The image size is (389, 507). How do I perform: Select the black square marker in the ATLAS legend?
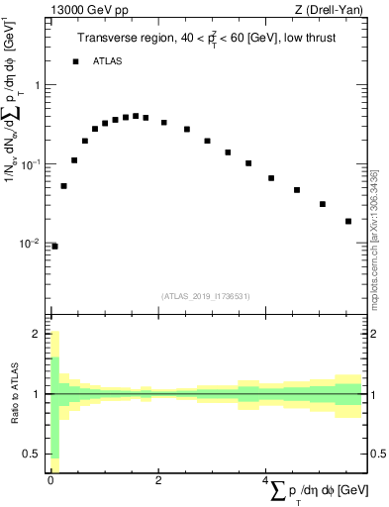pyautogui.click(x=75, y=61)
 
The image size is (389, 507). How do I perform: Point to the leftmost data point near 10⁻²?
pyautogui.click(x=54, y=246)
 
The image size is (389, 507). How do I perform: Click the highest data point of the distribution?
pyautogui.click(x=136, y=116)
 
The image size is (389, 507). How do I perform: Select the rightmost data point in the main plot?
pyautogui.click(x=348, y=221)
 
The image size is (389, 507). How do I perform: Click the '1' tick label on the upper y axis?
pyautogui.click(x=39, y=84)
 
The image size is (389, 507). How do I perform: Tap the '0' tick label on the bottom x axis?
pyautogui.click(x=50, y=480)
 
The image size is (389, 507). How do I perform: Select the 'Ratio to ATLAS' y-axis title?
pyautogui.click(x=13, y=394)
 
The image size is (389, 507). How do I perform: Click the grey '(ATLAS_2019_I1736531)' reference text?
pyautogui.click(x=205, y=295)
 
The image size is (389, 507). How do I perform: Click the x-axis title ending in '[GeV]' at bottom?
pyautogui.click(x=323, y=491)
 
